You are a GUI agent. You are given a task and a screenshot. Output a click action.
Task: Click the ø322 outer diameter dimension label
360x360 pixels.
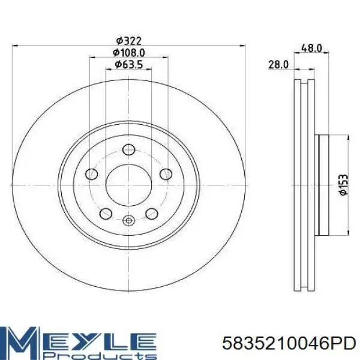pos(128,41)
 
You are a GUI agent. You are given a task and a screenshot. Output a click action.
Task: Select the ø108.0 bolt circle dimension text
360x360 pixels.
pos(128,53)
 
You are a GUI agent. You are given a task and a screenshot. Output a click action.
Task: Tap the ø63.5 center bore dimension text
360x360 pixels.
pos(128,65)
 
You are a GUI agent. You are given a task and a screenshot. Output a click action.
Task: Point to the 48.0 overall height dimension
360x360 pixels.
pos(311,48)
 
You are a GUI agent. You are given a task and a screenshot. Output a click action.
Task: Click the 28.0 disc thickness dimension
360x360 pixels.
pos(278,65)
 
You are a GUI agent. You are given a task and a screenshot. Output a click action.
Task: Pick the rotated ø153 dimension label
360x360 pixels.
pos(343,185)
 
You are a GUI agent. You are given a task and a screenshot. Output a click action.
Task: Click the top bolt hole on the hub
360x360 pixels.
pos(128,149)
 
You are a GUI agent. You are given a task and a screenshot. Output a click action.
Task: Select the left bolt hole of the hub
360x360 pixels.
pos(91,174)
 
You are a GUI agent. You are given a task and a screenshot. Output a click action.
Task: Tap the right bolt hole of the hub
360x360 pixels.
pos(166,174)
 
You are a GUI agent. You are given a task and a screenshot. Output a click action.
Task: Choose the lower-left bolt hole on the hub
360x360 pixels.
pos(106,214)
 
